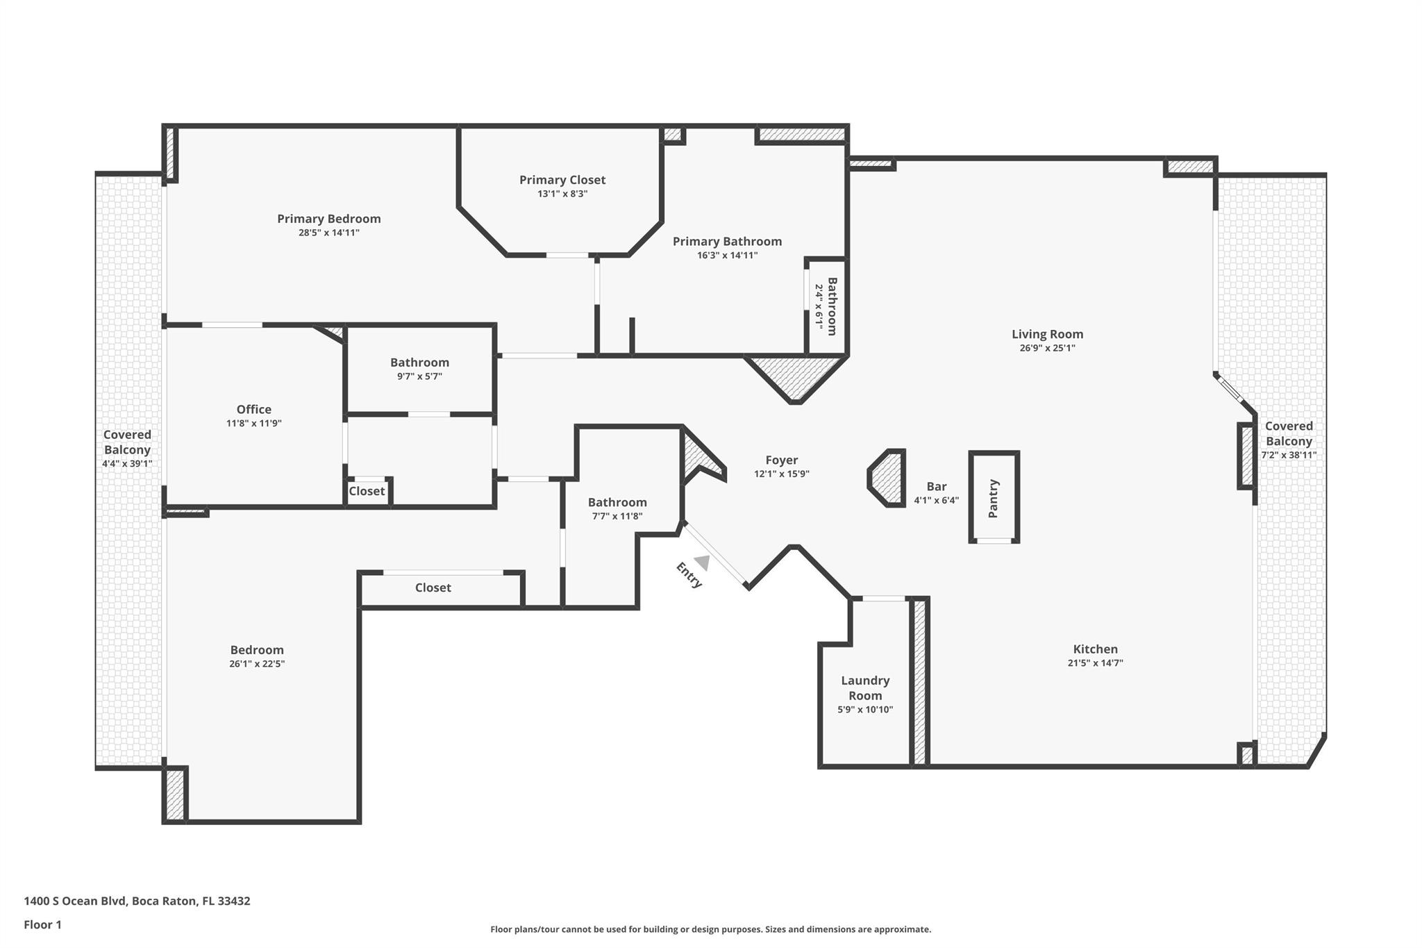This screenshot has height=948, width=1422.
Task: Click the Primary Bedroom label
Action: (328, 219)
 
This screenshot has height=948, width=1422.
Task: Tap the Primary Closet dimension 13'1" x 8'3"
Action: (562, 194)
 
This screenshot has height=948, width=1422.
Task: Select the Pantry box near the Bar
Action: (994, 498)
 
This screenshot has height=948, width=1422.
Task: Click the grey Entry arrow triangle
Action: (703, 562)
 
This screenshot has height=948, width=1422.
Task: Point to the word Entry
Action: (689, 575)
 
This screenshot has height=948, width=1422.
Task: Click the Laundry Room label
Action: (864, 688)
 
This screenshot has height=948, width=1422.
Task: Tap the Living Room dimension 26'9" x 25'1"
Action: (1047, 348)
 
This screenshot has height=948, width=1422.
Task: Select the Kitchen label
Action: (1095, 649)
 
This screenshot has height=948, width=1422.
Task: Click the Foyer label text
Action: (781, 460)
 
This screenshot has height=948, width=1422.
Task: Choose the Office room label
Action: (253, 409)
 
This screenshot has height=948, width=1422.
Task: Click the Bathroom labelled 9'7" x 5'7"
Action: (419, 363)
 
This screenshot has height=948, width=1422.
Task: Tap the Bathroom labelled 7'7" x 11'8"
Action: (617, 502)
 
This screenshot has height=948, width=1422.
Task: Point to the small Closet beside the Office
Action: (367, 491)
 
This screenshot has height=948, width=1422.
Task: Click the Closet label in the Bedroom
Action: (433, 588)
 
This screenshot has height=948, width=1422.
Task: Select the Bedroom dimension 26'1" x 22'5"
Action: (257, 663)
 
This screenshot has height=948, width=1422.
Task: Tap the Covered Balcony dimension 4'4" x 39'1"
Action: (127, 463)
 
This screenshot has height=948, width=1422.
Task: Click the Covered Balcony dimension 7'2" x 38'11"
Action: (1289, 456)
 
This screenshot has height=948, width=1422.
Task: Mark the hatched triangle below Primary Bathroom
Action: (796, 375)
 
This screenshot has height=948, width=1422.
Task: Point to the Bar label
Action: (936, 486)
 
